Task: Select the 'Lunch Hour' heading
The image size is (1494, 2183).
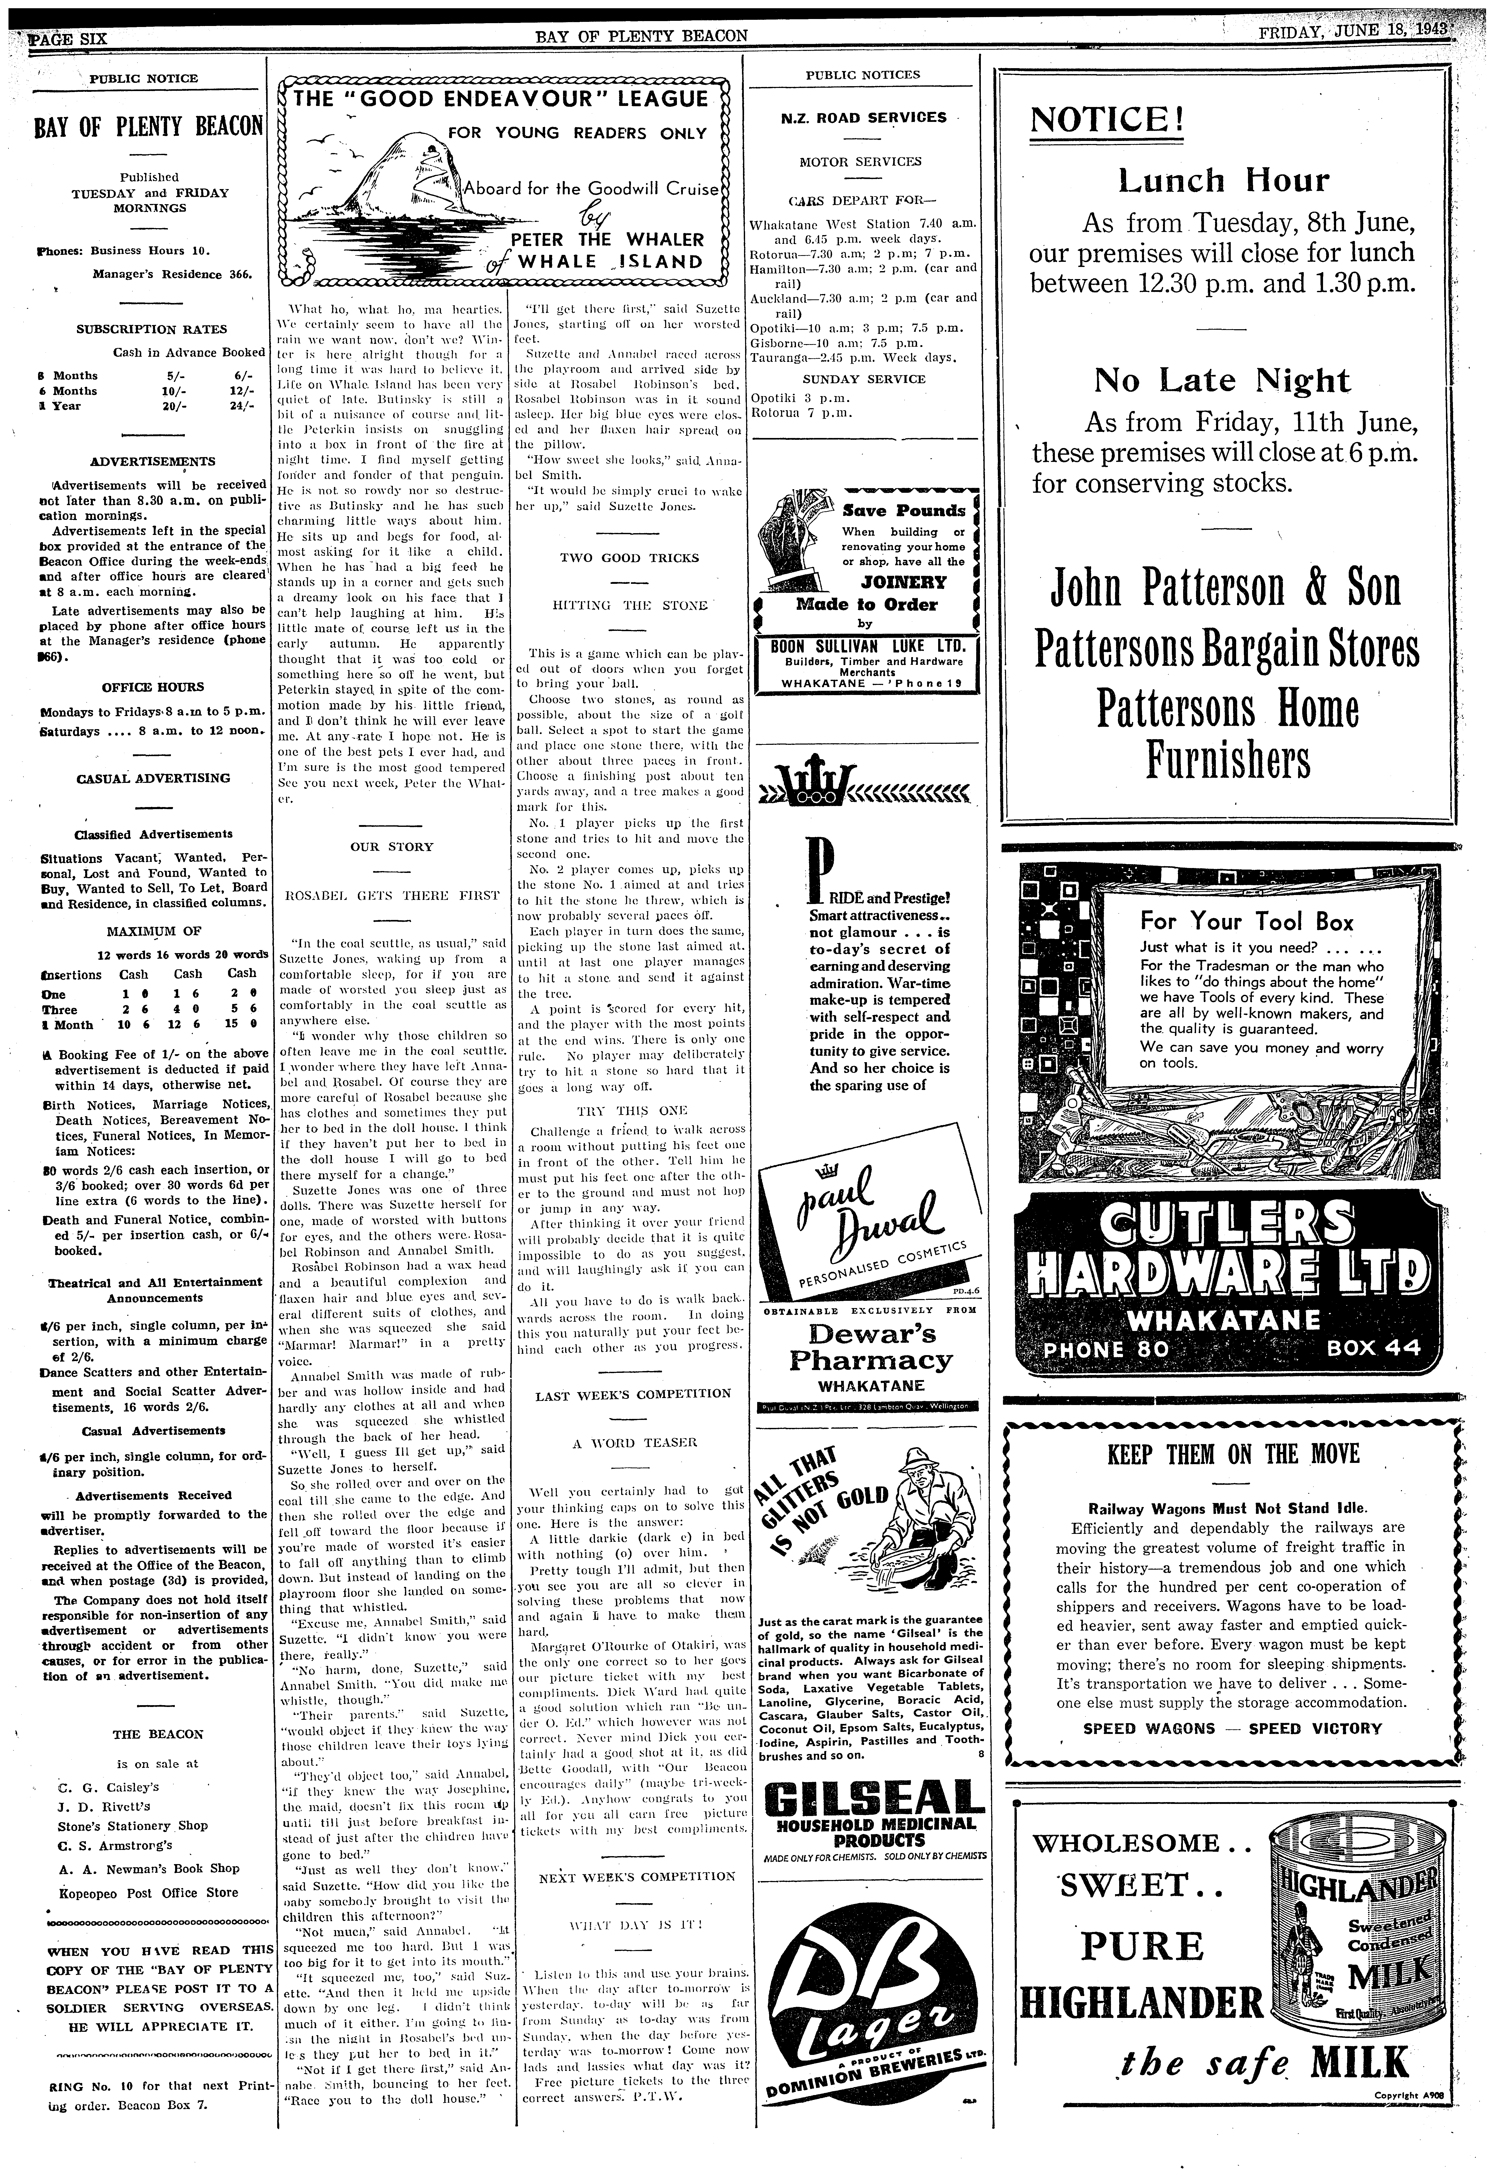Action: (x=1223, y=180)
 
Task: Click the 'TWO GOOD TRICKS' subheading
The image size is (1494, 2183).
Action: (x=629, y=558)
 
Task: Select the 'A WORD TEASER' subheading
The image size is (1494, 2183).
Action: (x=629, y=1442)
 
